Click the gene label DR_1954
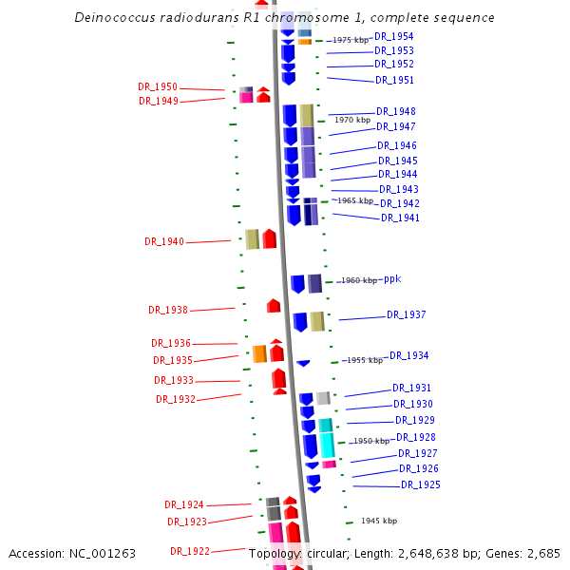tap(394, 36)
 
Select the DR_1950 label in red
tap(158, 87)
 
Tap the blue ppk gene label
tap(392, 279)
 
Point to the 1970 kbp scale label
tap(351, 121)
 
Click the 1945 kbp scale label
tap(379, 522)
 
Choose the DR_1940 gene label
tap(164, 242)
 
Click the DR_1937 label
tap(406, 315)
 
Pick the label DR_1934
tap(408, 356)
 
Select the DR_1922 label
tap(190, 551)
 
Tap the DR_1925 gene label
tap(420, 485)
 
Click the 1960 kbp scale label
tap(359, 281)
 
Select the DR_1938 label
tap(168, 310)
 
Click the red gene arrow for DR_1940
tap(270, 238)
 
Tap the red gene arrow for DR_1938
tap(274, 306)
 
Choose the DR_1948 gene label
tap(395, 112)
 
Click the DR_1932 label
tap(176, 400)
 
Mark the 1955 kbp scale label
tap(365, 361)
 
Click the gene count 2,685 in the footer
tap(541, 553)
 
